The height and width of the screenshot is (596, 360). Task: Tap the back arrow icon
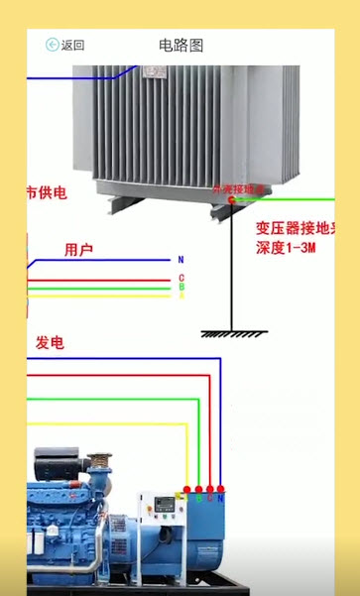[52, 45]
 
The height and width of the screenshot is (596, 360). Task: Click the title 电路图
[180, 46]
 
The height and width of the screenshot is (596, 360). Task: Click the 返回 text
[72, 46]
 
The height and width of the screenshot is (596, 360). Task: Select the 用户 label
[78, 250]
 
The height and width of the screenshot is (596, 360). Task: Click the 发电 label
[50, 342]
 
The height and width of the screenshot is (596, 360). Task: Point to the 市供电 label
[46, 192]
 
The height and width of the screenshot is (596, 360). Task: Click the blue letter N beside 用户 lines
[180, 260]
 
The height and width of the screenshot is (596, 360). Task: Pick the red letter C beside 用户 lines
[180, 279]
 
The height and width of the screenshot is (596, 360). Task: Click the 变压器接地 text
[294, 227]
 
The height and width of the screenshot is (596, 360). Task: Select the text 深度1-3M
[286, 247]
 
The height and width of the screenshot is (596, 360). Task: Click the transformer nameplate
[155, 71]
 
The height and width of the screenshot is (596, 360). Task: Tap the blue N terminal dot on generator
[220, 490]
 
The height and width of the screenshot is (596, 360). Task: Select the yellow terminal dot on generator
[186, 490]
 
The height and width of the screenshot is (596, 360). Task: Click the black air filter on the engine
[57, 461]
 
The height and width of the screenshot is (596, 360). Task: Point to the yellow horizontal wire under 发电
[99, 424]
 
